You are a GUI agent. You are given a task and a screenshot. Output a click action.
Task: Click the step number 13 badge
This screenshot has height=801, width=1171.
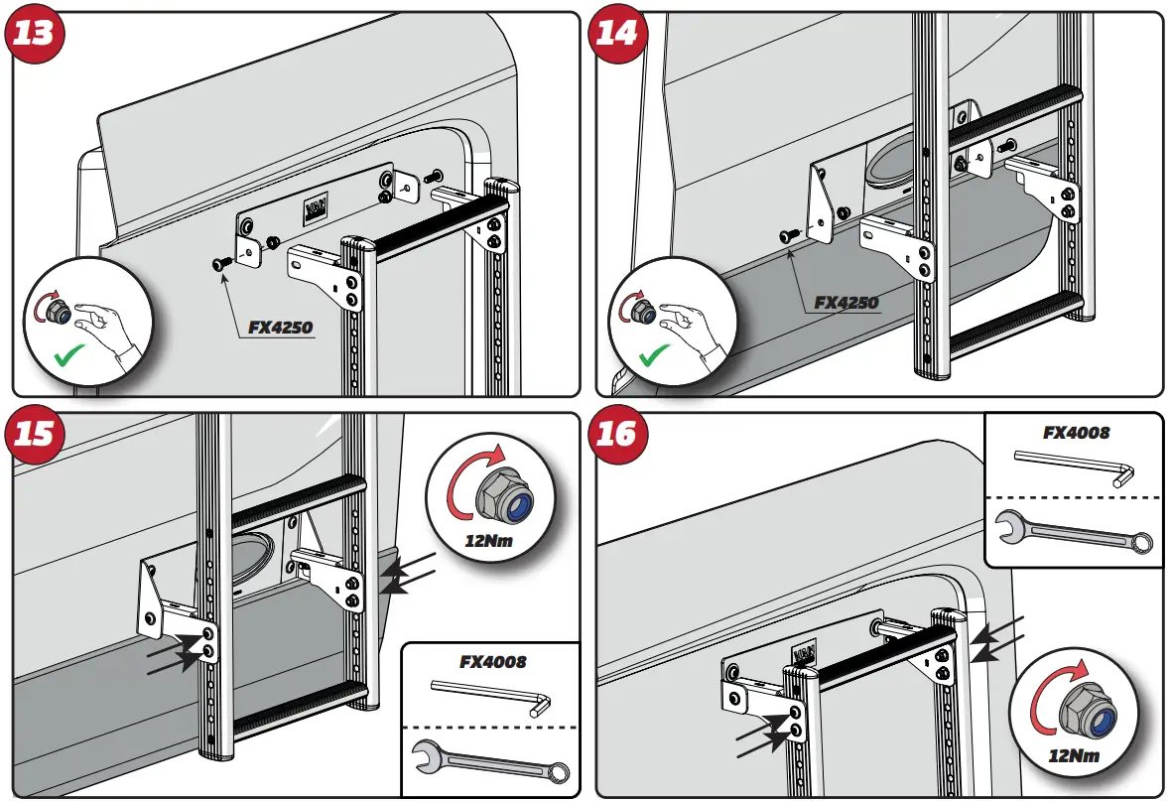36,34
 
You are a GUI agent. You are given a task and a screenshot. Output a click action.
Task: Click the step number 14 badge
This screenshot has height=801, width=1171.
617,34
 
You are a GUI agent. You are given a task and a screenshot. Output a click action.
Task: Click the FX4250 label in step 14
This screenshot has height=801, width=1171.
846,303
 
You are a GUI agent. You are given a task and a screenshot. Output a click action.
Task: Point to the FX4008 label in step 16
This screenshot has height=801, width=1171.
1076,433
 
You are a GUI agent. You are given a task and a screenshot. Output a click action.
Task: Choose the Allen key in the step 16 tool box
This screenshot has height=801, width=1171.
1076,465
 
